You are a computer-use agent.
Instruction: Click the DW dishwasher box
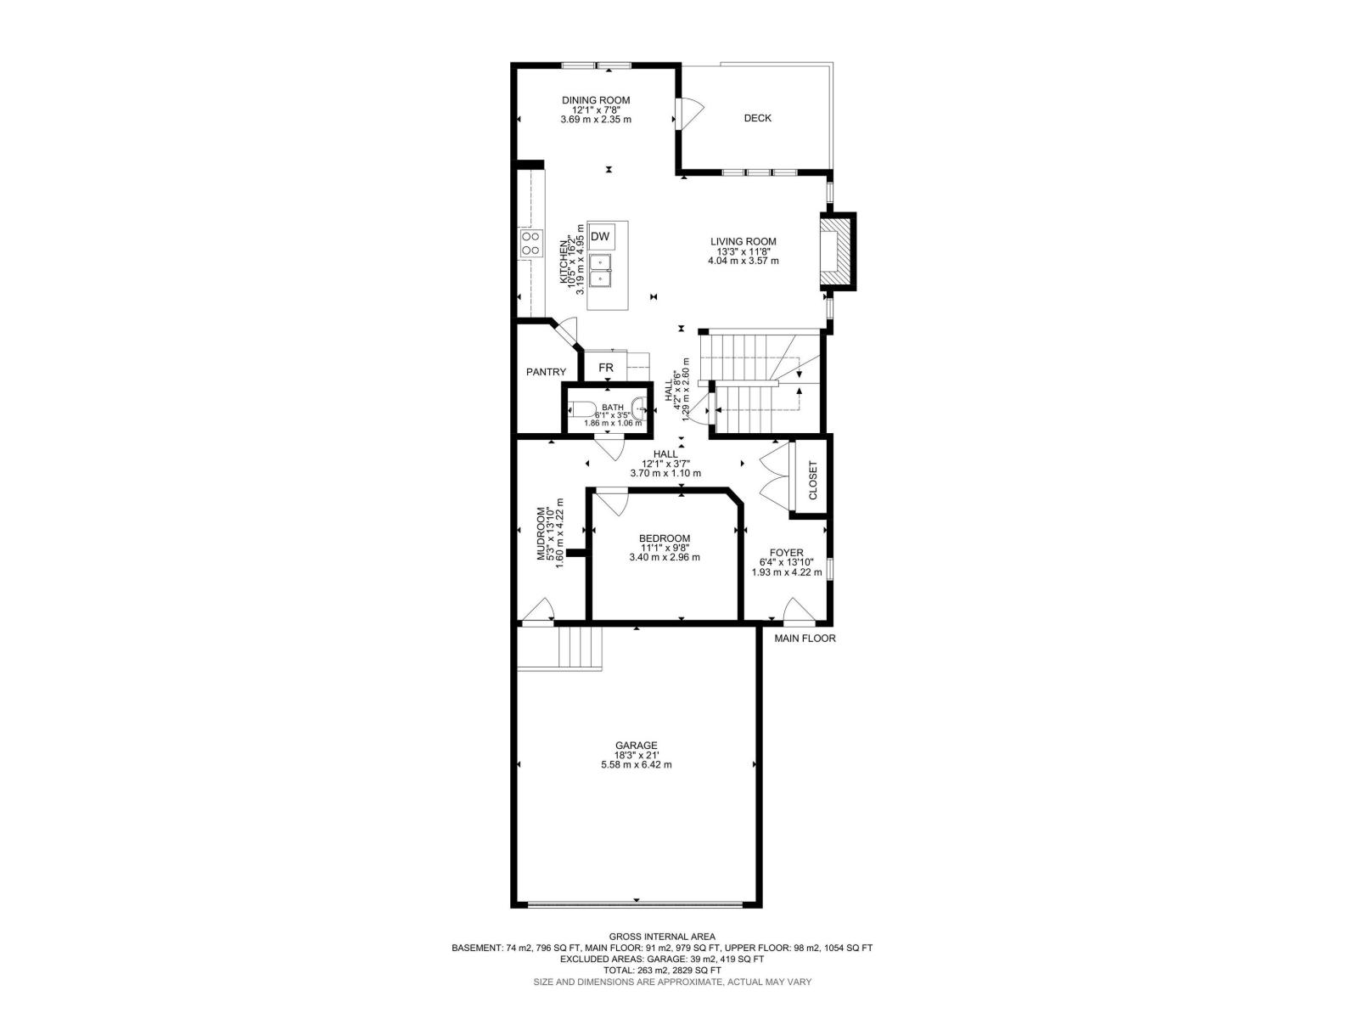600,236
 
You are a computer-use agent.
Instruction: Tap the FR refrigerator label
606,368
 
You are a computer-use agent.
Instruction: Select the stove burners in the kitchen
531,244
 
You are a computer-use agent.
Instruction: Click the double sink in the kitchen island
601,269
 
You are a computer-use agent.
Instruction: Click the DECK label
757,118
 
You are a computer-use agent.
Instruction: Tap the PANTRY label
546,372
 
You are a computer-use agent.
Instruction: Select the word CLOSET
812,481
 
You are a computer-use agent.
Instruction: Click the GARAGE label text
636,746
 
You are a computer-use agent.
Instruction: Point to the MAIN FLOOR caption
805,638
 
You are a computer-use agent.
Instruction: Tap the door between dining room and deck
688,113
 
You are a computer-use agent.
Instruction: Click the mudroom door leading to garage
538,611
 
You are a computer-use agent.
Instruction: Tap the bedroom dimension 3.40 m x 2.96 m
664,558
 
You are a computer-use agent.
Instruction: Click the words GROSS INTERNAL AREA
662,937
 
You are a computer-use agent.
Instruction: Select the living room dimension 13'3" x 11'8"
743,251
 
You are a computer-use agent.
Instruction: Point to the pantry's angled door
564,333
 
